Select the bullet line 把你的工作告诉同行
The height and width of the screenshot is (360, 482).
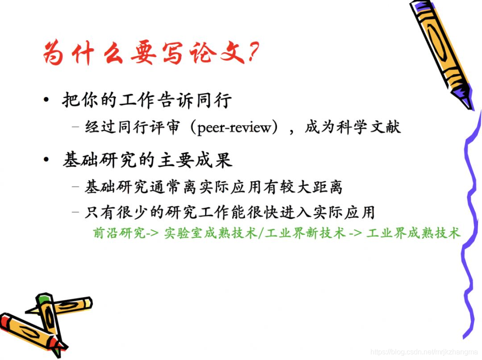pos(147,100)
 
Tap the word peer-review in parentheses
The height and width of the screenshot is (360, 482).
pos(234,128)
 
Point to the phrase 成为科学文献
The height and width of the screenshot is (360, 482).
pos(353,127)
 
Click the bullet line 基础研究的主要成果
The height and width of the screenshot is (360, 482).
pos(147,160)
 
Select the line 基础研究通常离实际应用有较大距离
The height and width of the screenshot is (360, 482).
pos(213,187)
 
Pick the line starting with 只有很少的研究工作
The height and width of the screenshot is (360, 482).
pos(229,212)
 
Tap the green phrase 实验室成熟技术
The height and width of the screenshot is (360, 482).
pos(210,233)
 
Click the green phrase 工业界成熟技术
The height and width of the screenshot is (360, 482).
pos(413,233)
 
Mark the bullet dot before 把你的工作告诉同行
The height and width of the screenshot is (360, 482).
pos(46,100)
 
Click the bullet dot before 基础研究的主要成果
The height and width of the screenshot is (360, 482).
pos(46,160)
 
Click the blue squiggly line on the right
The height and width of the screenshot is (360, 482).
pos(469,214)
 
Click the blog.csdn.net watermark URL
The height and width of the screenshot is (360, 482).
pos(424,352)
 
